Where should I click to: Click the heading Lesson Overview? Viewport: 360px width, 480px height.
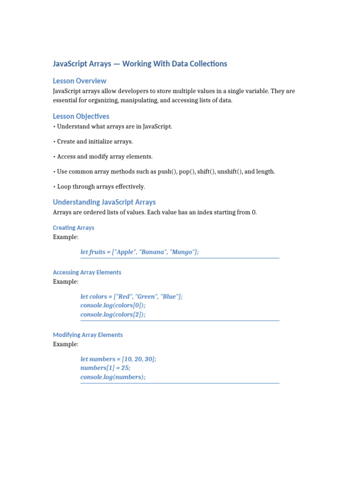[x=80, y=81]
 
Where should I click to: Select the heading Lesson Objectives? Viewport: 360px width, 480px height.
[x=81, y=116]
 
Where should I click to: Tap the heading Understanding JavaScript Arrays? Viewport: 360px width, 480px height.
[x=104, y=202]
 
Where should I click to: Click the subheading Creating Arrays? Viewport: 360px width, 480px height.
[x=74, y=228]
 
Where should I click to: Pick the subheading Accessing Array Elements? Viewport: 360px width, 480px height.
[x=87, y=272]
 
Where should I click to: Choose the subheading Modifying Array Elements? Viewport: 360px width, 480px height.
[x=88, y=335]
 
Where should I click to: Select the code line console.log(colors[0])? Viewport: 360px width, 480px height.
[x=113, y=306]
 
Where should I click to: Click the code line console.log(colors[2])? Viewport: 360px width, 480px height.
[x=113, y=315]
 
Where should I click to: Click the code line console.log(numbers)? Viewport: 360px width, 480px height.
[x=113, y=377]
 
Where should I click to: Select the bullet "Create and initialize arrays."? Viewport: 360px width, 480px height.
[x=95, y=142]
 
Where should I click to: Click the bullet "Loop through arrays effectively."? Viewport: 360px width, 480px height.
[x=101, y=187]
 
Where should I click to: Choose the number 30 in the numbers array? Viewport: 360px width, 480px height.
[x=148, y=359]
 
